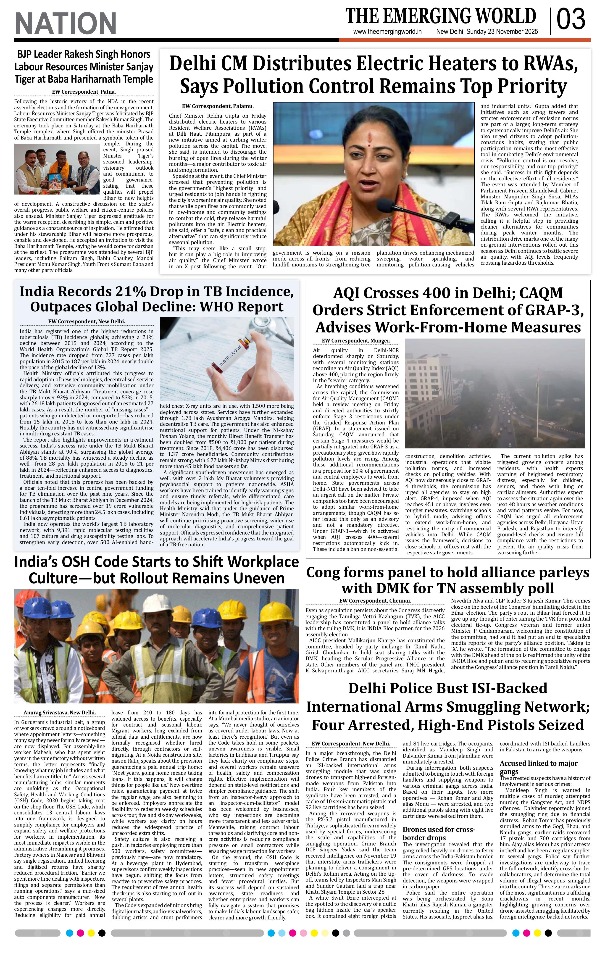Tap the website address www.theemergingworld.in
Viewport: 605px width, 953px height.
(387, 32)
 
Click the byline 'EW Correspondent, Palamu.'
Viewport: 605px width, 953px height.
(218, 106)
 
